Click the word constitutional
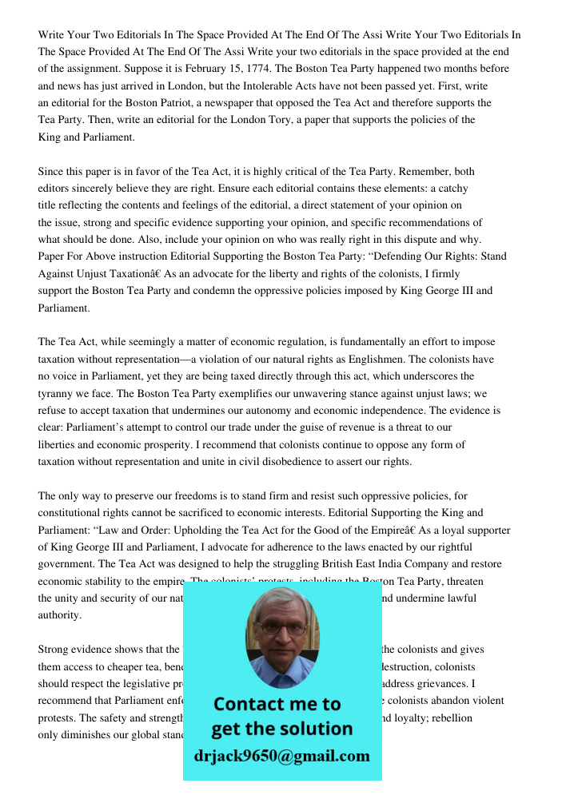pos(73,513)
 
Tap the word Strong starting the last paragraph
pos(54,650)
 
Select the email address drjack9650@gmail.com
pos(281,756)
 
